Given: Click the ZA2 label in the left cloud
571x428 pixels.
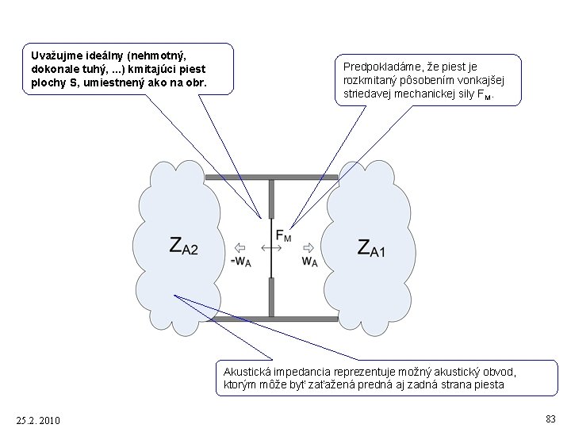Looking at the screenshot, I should [184, 246].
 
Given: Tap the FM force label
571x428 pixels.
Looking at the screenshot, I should [282, 235].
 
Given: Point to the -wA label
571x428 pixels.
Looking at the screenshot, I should [240, 262].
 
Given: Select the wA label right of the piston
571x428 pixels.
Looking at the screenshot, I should [309, 262].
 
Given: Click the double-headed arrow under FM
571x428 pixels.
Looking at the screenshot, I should [271, 248].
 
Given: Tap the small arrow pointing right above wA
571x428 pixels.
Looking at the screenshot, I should [308, 246].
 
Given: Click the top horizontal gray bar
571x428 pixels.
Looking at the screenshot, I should [271, 178].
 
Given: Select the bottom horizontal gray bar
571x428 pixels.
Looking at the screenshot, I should [271, 319].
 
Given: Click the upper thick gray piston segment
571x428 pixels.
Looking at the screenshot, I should [271, 199].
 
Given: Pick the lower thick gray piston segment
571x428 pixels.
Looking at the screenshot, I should [271, 297].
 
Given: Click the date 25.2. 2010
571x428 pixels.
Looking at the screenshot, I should [37, 419].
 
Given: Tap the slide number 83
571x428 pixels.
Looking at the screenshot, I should [550, 418].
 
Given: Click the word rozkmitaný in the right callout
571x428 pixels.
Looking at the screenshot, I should [370, 80].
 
